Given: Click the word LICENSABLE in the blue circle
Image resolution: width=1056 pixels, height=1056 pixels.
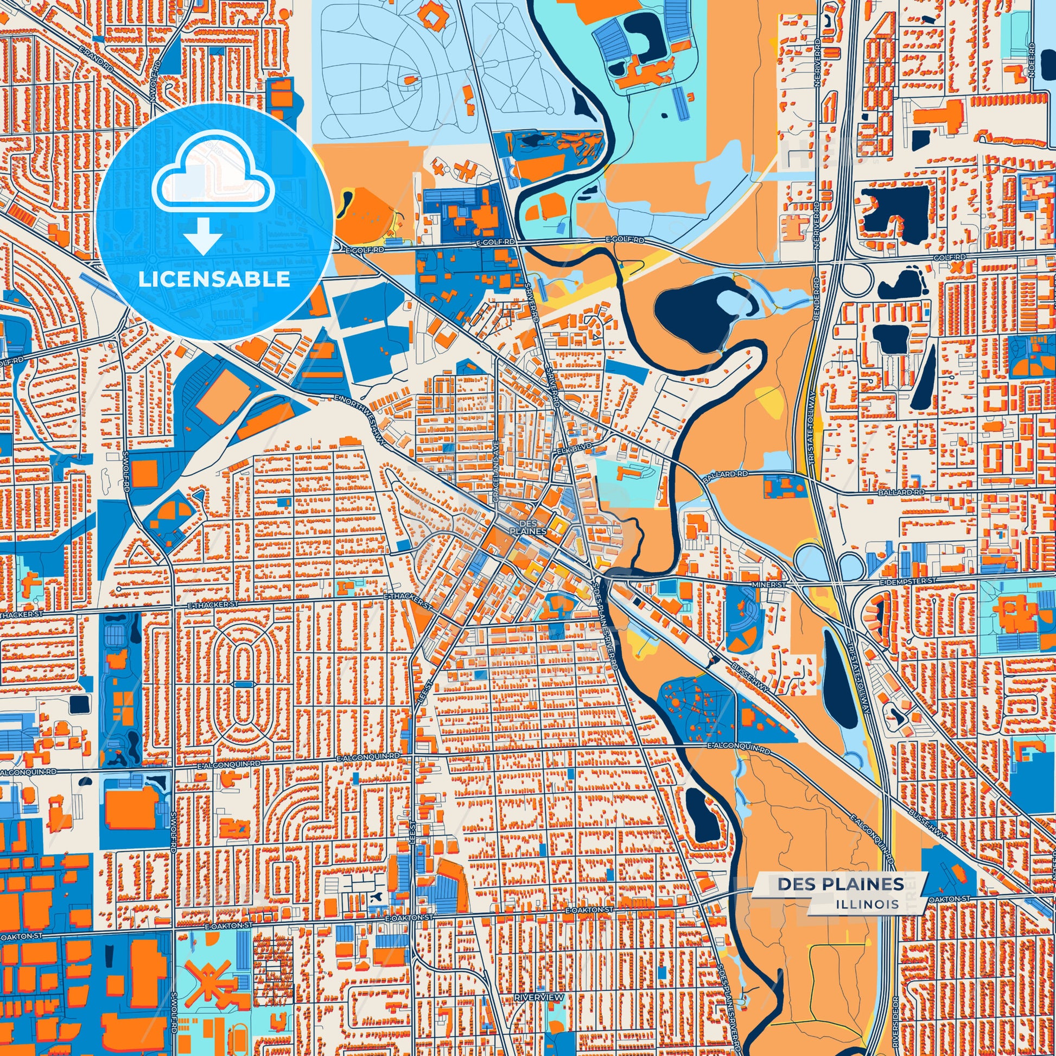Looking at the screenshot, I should pyautogui.click(x=214, y=279).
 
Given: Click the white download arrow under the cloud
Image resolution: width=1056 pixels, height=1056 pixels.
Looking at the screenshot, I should pyautogui.click(x=202, y=236).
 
